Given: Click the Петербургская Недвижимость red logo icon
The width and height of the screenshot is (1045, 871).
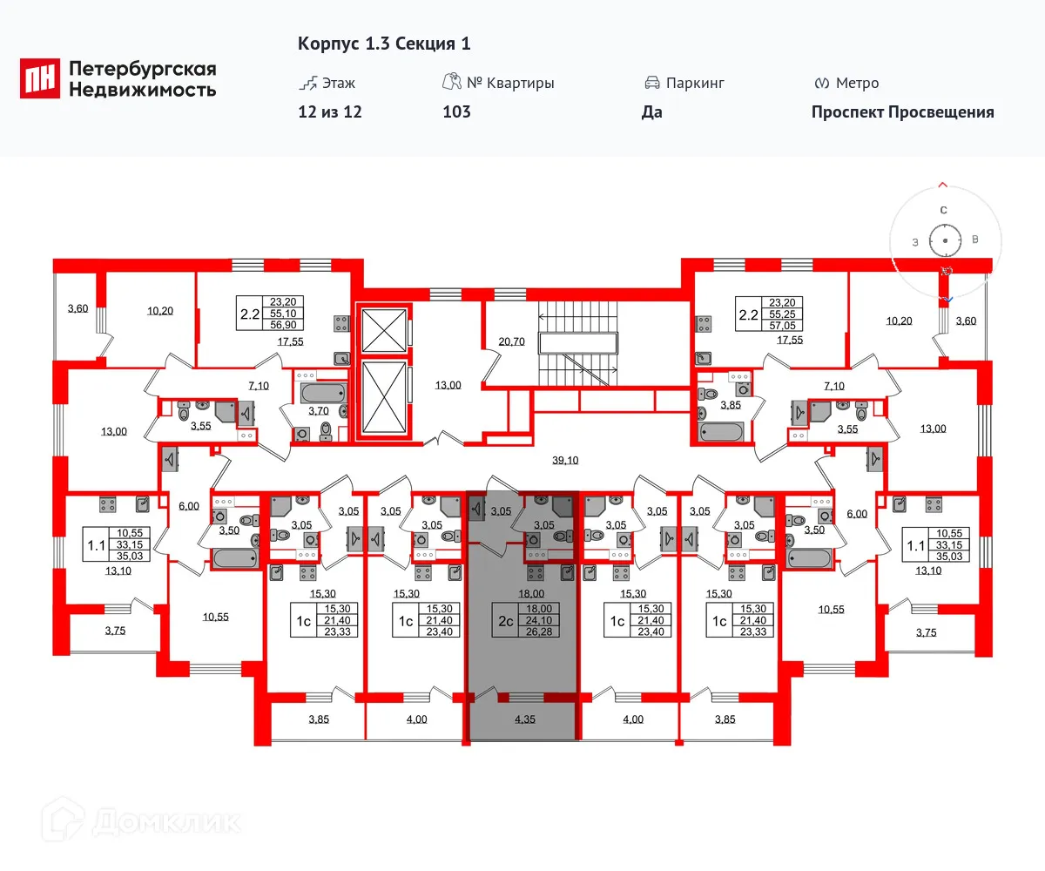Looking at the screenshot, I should click(40, 78).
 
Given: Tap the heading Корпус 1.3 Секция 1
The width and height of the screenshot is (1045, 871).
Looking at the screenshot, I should click(384, 44).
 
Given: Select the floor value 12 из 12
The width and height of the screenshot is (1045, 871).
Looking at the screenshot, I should click(329, 111).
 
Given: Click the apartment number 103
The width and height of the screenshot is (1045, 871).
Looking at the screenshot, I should click(456, 111).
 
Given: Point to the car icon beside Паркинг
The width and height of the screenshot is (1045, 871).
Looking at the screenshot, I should click(651, 84).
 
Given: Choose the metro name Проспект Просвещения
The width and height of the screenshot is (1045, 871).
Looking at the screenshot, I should click(902, 111).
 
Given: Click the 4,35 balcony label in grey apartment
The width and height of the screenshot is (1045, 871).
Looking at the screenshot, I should click(524, 719).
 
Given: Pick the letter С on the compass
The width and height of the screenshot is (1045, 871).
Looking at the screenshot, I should click(943, 210).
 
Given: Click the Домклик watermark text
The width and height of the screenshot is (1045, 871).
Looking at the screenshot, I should click(165, 821).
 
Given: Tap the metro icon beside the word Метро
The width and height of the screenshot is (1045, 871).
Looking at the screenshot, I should click(820, 84).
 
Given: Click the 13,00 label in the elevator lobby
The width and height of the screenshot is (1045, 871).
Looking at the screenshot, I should click(447, 385).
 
